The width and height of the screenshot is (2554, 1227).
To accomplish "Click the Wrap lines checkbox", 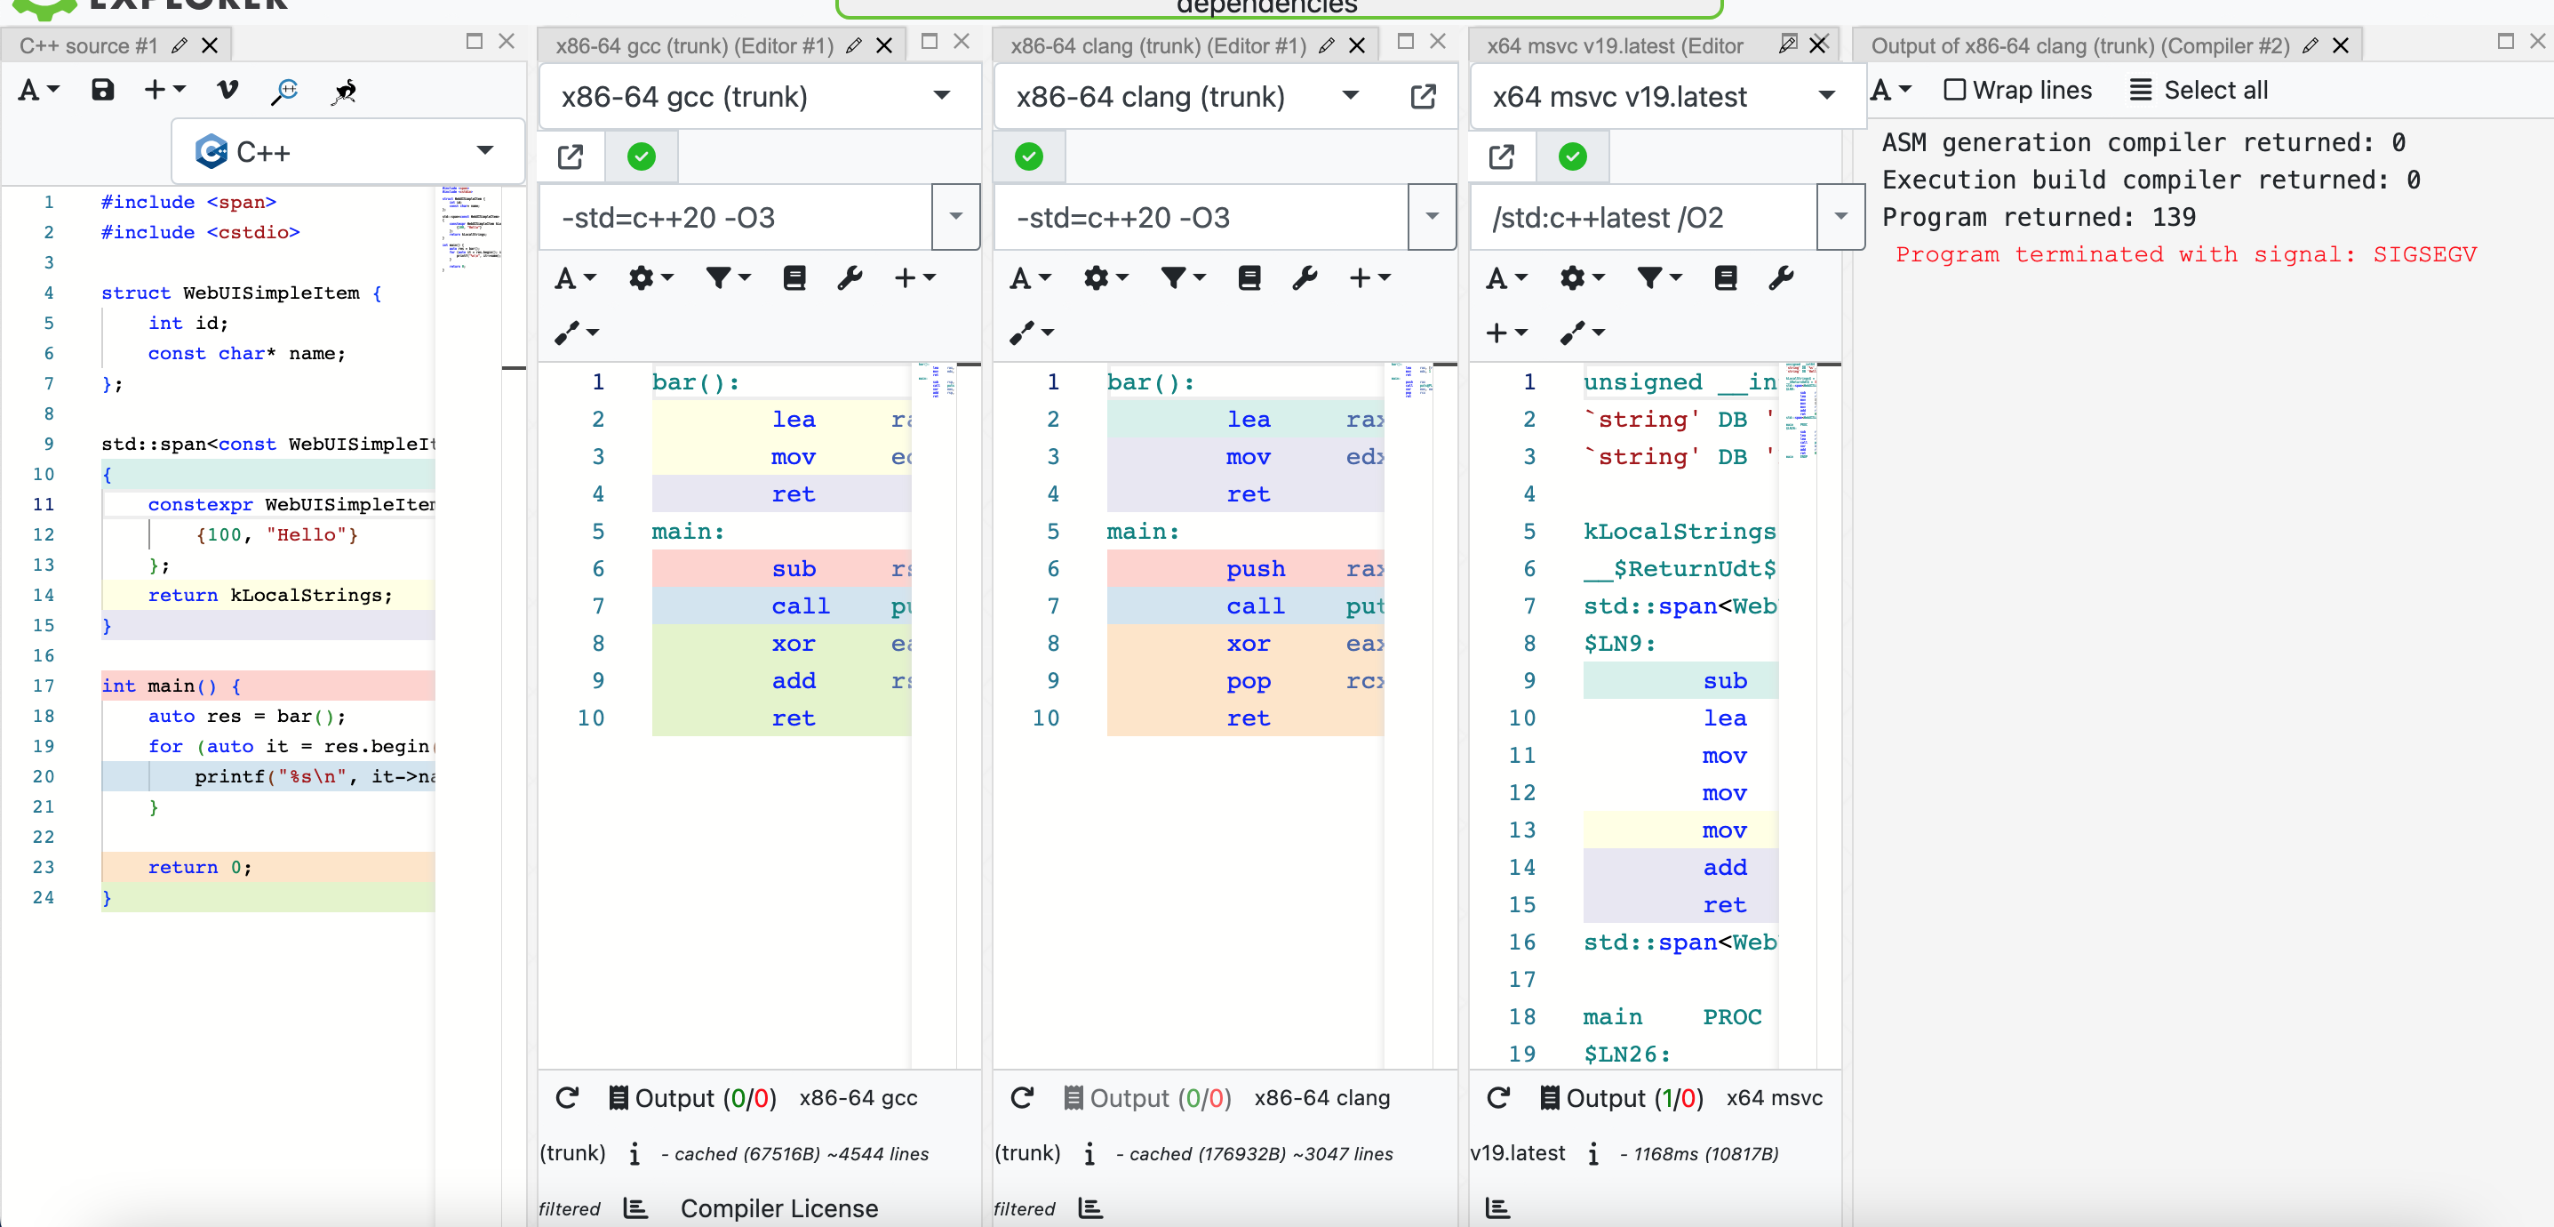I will coord(1954,91).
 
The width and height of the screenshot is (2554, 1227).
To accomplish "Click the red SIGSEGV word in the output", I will coord(2423,255).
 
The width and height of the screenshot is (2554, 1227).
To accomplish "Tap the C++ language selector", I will coord(347,152).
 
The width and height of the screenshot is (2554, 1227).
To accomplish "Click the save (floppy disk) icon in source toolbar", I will coord(103,91).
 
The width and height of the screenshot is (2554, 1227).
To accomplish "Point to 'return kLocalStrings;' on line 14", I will coord(269,595).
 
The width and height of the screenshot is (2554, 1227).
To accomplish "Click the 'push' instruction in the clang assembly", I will coord(1255,569).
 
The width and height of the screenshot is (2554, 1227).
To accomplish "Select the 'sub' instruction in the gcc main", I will coord(794,569).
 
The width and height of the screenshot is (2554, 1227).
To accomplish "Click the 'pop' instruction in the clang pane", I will coord(1248,681).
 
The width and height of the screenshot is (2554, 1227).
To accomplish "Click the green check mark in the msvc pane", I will coord(1572,156).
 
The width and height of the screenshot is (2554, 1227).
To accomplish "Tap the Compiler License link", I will coord(778,1208).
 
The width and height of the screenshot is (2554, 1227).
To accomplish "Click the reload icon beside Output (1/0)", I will coord(1498,1097).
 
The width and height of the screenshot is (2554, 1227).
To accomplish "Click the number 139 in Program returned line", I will coord(2174,217).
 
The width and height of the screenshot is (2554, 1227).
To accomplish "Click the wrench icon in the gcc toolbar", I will coord(850,277).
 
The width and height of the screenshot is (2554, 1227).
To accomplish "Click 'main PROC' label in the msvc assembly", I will coord(1672,1016).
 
